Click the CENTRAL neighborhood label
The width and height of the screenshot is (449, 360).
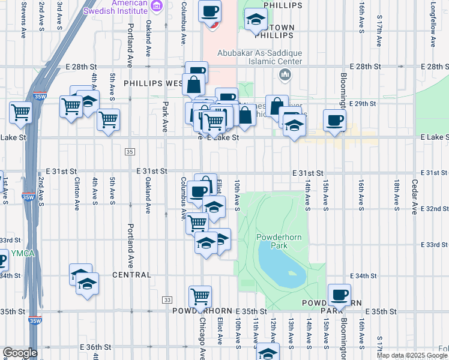click(131, 275)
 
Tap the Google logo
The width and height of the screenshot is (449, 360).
click(20, 353)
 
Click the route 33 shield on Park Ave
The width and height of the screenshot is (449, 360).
click(167, 299)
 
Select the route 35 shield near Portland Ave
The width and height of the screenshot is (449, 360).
click(130, 152)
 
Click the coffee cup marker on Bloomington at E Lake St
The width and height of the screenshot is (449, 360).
click(334, 120)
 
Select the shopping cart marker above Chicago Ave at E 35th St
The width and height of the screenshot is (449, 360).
click(200, 296)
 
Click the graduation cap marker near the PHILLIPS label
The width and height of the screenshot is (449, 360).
click(256, 19)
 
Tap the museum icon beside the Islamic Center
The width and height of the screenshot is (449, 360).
click(285, 74)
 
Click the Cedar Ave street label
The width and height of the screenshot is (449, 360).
click(414, 197)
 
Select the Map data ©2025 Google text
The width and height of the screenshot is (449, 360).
click(412, 355)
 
